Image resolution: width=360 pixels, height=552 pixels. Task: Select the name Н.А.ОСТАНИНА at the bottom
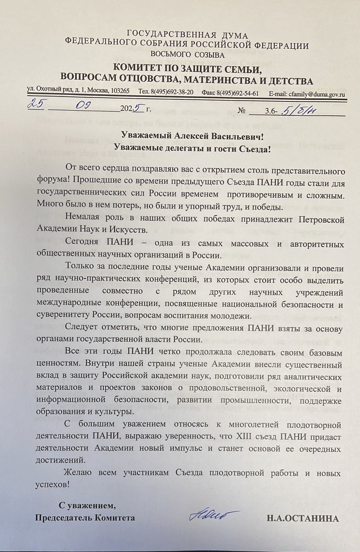(x=302, y=518)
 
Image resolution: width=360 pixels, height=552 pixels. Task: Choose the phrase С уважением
(x=87, y=506)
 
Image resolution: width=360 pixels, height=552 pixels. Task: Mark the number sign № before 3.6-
(x=243, y=111)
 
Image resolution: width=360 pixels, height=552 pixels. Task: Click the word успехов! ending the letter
(x=53, y=484)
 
